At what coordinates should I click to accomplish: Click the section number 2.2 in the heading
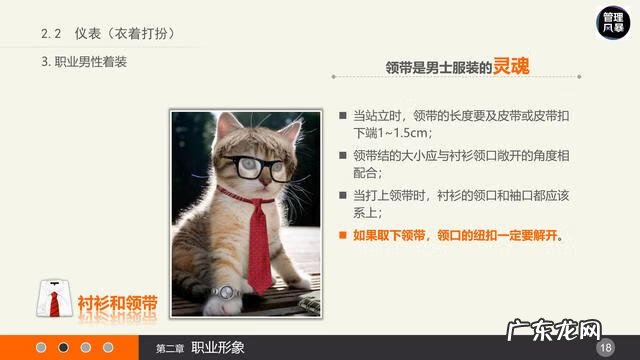tap(52, 34)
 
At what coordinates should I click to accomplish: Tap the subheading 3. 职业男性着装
tap(85, 62)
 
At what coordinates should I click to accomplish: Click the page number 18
tap(604, 347)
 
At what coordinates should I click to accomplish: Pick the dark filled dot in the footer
tap(63, 347)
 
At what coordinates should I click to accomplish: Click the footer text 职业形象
tap(217, 347)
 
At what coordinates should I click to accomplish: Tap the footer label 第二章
tap(170, 348)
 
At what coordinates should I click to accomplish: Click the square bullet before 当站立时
tap(343, 115)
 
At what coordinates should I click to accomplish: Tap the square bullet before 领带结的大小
tap(343, 155)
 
